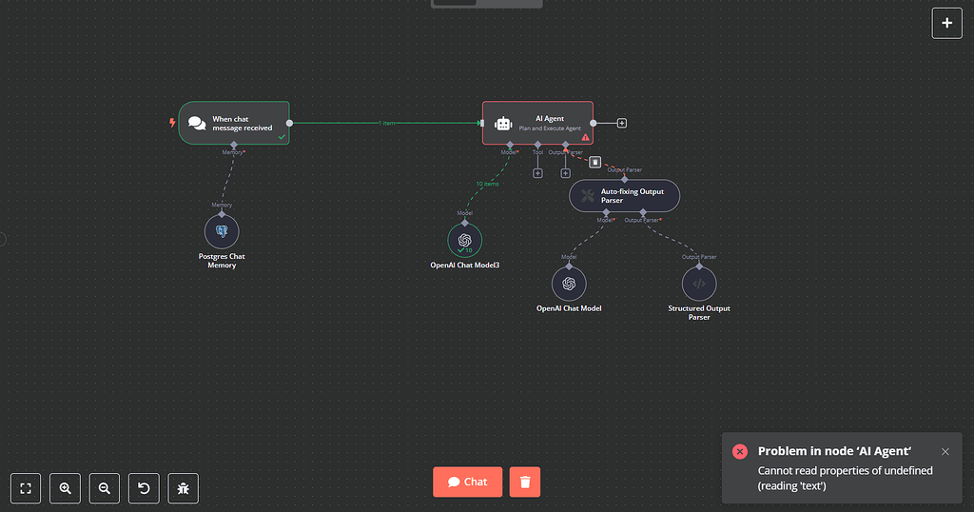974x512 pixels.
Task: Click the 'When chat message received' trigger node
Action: point(233,123)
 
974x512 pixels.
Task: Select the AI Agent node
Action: point(537,123)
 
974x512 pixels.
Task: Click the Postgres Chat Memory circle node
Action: point(222,231)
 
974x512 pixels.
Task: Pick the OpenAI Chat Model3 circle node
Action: point(464,240)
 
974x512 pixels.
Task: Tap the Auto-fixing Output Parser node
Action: point(624,196)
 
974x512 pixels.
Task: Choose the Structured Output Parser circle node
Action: point(699,283)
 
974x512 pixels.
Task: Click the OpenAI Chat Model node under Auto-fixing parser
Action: point(569,283)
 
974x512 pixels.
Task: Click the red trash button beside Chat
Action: point(524,482)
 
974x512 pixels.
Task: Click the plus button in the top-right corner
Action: point(946,23)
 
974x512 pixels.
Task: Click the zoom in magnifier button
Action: point(66,488)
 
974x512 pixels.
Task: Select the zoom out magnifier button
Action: point(105,488)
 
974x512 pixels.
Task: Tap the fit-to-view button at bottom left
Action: point(27,488)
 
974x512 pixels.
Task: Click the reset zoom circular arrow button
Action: point(144,488)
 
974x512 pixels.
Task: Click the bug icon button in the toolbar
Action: point(184,488)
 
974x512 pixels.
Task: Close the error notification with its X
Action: point(945,452)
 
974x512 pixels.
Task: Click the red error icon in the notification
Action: point(740,451)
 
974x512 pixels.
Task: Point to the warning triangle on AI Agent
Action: point(585,137)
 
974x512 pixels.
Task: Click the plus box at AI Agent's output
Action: point(622,123)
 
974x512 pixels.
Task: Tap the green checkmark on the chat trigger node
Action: point(281,137)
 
